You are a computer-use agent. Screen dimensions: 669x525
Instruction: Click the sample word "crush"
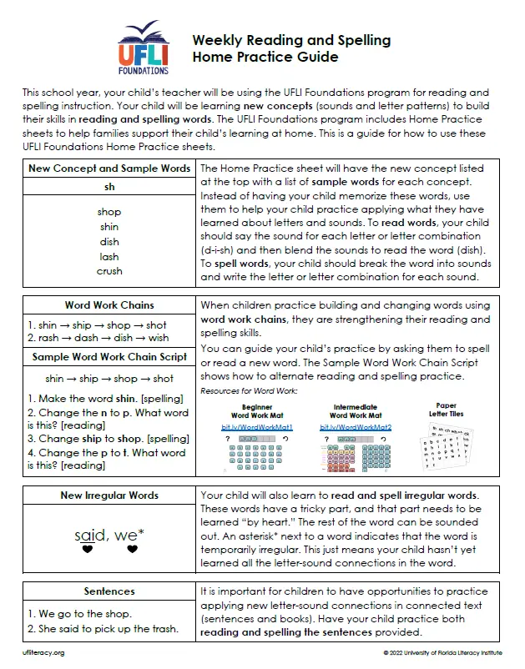(x=109, y=271)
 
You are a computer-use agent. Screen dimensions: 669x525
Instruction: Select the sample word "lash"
(x=109, y=256)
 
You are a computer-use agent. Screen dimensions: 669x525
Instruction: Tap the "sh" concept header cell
(x=109, y=188)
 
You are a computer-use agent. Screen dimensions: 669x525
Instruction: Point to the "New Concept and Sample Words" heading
(x=109, y=169)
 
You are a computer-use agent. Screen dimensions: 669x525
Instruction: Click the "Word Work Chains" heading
(x=109, y=305)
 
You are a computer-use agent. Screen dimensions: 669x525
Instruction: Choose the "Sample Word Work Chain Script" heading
(x=109, y=357)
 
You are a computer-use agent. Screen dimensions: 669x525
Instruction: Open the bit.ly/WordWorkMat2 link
(x=355, y=427)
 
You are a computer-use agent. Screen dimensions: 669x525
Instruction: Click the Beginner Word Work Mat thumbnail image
(x=250, y=451)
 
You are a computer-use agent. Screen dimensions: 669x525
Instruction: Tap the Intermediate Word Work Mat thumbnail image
(x=356, y=451)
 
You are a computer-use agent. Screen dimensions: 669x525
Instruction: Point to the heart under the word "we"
(x=132, y=550)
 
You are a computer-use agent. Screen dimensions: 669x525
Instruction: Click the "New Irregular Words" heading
(x=109, y=495)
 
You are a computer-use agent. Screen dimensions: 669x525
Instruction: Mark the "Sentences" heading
(x=109, y=591)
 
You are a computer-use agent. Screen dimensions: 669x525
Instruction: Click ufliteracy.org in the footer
(x=43, y=652)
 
